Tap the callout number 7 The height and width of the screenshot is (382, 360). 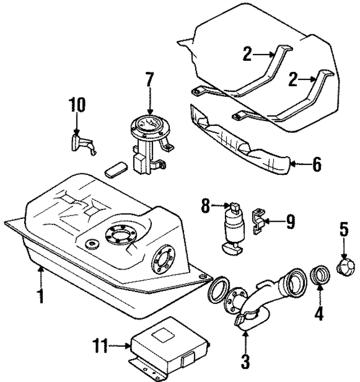150,80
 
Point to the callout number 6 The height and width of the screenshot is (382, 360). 316,165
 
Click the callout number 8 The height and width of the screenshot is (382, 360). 206,208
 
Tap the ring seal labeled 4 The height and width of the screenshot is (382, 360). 319,277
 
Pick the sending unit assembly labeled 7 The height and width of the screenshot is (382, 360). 148,141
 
